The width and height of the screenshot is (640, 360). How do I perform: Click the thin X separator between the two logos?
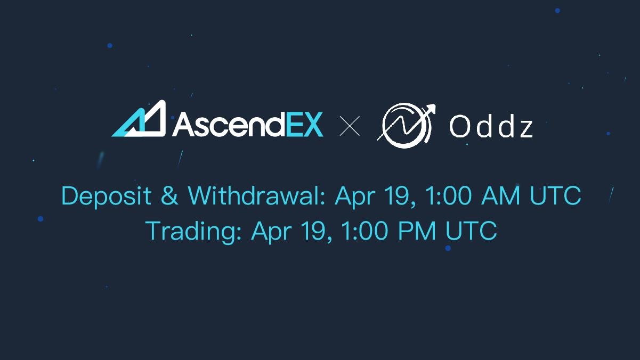[350, 127]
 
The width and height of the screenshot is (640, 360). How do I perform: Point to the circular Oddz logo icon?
[403, 127]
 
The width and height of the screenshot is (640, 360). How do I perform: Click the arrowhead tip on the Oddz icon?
[431, 108]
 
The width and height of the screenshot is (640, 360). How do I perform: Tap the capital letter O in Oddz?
[459, 127]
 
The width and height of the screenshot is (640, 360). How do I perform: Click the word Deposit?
[106, 197]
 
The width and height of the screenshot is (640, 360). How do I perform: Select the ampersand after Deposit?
[169, 196]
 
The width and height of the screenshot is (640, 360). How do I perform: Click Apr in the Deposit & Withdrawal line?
[353, 197]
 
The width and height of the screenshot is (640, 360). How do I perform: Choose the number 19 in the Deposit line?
[393, 196]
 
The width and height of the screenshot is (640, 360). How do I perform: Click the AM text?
[500, 196]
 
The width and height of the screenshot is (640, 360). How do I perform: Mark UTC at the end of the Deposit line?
[555, 196]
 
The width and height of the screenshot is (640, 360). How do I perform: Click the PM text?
[415, 232]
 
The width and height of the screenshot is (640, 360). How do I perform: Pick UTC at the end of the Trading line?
[471, 232]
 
